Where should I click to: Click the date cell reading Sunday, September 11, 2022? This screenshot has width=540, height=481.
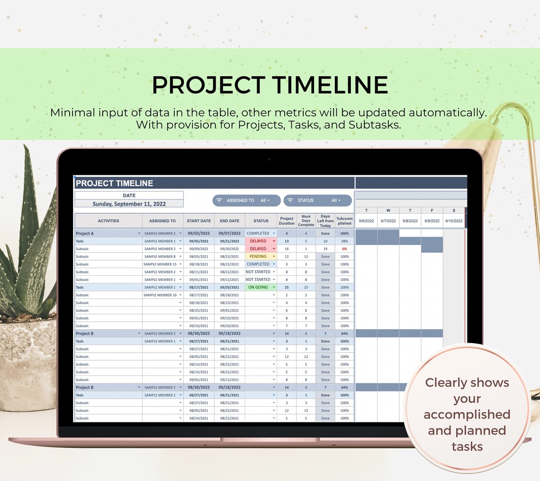click(129, 204)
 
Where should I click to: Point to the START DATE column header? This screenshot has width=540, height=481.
click(199, 221)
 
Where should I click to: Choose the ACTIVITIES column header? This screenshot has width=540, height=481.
click(108, 221)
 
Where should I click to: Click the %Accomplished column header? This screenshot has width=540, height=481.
click(344, 221)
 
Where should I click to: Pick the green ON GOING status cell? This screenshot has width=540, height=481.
click(258, 287)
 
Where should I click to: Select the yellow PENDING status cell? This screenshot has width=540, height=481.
click(258, 256)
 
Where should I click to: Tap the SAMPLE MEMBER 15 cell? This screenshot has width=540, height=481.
click(160, 264)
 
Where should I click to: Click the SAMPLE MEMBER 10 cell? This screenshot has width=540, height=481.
click(160, 295)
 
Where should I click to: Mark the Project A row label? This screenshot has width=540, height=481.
click(85, 233)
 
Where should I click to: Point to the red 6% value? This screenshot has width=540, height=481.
click(344, 249)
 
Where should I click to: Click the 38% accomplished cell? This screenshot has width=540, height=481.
click(344, 241)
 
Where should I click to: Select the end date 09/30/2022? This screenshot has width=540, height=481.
click(229, 249)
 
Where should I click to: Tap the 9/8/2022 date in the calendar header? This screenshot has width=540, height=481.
click(410, 221)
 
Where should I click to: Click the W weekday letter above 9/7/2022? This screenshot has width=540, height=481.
click(388, 210)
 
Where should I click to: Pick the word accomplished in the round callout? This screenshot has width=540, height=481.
click(467, 415)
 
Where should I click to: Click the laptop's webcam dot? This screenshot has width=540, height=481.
click(270, 159)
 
